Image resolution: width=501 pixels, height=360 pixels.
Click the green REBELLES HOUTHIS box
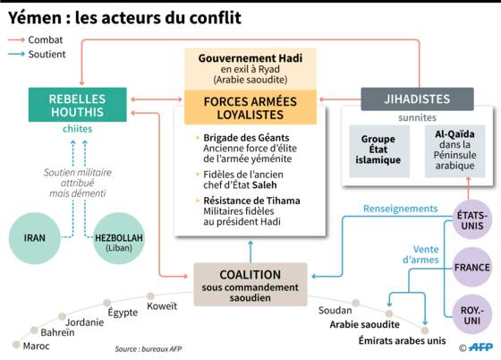[x=77, y=105]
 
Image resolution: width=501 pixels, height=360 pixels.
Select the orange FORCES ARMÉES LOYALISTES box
[x=250, y=107]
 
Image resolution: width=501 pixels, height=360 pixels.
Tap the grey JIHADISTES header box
[x=417, y=99]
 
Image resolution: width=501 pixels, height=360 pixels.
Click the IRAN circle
[x=35, y=238]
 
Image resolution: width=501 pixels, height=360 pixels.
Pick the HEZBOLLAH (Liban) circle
[x=118, y=238]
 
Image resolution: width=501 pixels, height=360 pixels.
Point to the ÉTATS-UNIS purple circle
[x=472, y=220]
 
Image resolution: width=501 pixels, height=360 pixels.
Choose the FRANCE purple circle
[x=472, y=267]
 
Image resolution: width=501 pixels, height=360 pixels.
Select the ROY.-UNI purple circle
[x=472, y=314]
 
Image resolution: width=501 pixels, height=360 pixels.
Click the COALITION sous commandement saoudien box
[x=250, y=285]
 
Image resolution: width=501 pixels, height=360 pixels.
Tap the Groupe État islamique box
[x=379, y=151]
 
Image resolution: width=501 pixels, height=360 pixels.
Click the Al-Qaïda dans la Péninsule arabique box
[x=455, y=151]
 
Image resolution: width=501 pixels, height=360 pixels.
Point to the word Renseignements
[x=401, y=209]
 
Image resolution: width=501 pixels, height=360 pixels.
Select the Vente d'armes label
[x=420, y=254]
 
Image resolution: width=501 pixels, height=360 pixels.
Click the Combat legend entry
[x=36, y=40]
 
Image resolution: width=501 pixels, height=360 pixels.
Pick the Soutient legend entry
[x=37, y=55]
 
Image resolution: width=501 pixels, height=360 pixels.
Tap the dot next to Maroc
[x=16, y=345]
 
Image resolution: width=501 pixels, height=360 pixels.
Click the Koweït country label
[x=162, y=306]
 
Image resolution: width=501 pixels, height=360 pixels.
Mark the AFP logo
[x=476, y=347]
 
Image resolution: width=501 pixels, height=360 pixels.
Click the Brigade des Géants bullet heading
[x=246, y=138]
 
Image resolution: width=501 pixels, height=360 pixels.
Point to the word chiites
[x=77, y=129]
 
